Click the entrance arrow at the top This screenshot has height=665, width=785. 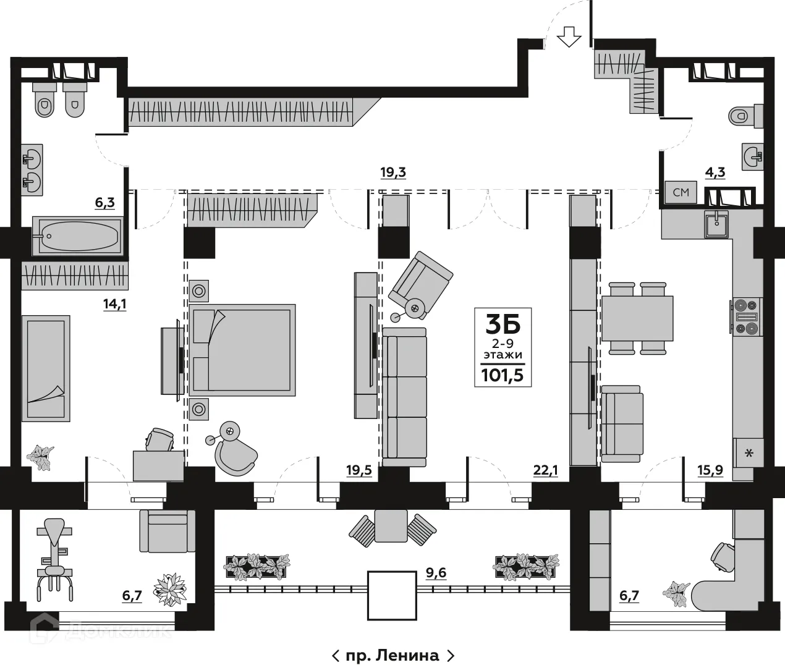[569, 38]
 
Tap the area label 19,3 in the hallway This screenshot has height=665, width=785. [392, 172]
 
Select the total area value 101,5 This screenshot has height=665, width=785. [503, 374]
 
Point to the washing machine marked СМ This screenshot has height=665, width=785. [681, 192]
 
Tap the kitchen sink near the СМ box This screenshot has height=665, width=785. [717, 224]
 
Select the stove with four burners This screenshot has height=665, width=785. [746, 316]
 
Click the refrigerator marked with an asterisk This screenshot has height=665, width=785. [749, 453]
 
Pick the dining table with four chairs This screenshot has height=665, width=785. [637, 318]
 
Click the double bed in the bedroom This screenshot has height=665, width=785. [242, 349]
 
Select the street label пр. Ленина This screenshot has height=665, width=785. [393, 655]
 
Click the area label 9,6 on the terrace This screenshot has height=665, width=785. [436, 573]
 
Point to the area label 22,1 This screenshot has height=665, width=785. [545, 470]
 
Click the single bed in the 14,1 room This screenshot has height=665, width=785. [44, 368]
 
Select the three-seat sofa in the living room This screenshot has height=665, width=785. [405, 397]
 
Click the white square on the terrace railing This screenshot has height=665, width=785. [392, 595]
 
